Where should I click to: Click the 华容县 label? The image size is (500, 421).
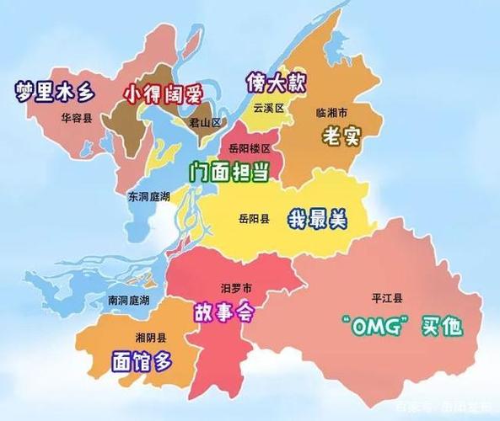pyautogui.click(x=77, y=120)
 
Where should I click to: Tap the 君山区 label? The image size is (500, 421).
pyautogui.click(x=205, y=122)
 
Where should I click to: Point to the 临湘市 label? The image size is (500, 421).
pyautogui.click(x=331, y=111)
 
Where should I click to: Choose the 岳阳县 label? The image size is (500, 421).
pyautogui.click(x=254, y=219)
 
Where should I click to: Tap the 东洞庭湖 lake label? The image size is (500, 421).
pyautogui.click(x=148, y=196)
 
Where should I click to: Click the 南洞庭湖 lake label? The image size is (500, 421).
pyautogui.click(x=129, y=301)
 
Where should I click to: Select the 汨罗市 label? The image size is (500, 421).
pyautogui.click(x=235, y=288)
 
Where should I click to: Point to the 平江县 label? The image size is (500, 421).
pyautogui.click(x=387, y=298)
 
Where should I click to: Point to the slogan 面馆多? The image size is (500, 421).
pyautogui.click(x=141, y=361)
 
